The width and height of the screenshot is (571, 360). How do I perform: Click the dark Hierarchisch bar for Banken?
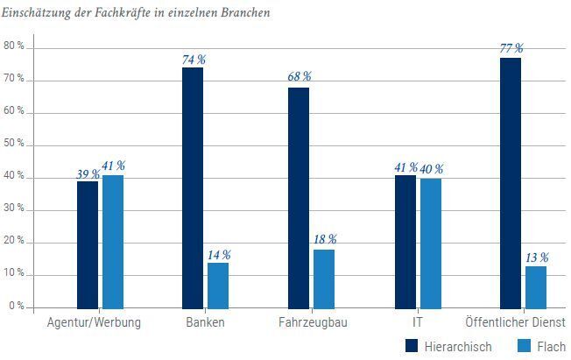pos(193,187)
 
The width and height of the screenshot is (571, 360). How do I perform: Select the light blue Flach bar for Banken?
pos(218,285)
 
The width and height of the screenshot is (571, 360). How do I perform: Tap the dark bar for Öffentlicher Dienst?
pos(511,182)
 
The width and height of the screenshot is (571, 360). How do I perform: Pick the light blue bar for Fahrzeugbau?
pos(324,279)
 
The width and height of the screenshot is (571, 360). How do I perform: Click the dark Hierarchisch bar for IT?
pos(405,242)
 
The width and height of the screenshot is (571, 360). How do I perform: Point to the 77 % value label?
pos(511,48)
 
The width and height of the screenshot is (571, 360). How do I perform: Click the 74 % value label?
pos(194,60)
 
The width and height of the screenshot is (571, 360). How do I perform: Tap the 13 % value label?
pos(537,258)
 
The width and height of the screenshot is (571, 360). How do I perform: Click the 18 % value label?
pos(325,239)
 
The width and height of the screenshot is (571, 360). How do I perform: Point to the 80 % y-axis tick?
pos(14,46)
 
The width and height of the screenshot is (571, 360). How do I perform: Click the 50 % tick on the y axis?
pos(14,145)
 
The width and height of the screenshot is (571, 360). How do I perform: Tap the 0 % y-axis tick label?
pos(17,307)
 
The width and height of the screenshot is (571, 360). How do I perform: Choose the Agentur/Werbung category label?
pos(93,322)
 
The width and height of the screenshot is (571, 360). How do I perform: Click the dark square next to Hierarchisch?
pos(412,346)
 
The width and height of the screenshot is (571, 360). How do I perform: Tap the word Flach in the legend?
pos(551,346)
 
